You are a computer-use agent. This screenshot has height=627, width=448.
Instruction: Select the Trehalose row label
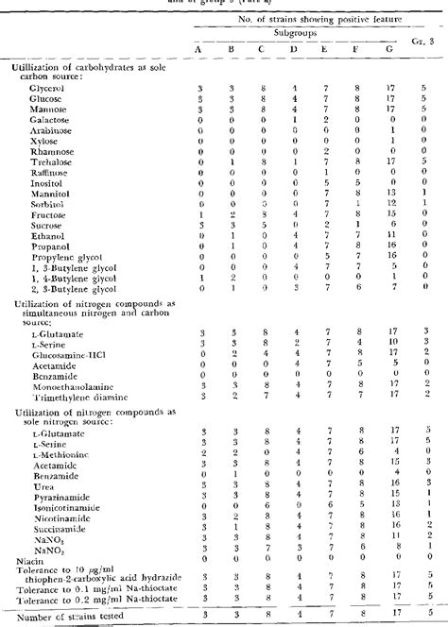[34, 161]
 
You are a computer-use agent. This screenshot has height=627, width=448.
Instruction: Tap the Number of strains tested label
[64, 616]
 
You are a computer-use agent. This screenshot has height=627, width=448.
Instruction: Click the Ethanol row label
[31, 235]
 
